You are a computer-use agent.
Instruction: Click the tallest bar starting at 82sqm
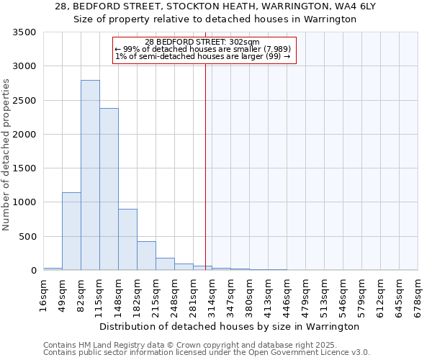(x=90, y=175)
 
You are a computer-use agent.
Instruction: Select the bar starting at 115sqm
(x=109, y=189)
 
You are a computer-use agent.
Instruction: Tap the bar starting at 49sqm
(x=71, y=231)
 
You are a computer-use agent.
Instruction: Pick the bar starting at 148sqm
(x=127, y=240)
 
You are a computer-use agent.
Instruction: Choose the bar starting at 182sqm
(x=146, y=256)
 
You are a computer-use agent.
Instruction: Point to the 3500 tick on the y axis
(x=26, y=33)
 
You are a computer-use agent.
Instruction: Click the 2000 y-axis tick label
(x=26, y=135)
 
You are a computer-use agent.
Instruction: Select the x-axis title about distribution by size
(x=229, y=327)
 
